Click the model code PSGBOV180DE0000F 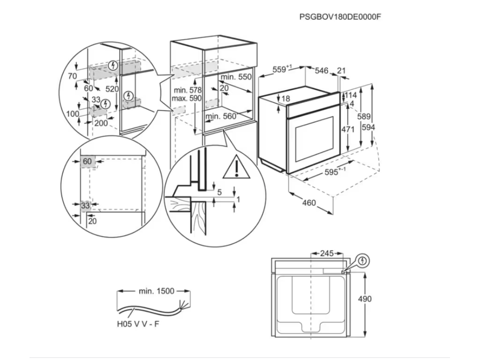pos(340,16)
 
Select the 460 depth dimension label pos(309,203)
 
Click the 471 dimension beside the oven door pos(347,129)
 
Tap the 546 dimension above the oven pos(321,71)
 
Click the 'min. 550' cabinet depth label pos(236,77)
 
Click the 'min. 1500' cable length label pos(157,291)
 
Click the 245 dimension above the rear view pos(326,254)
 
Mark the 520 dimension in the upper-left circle pos(112,89)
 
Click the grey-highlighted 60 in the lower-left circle pos(88,162)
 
